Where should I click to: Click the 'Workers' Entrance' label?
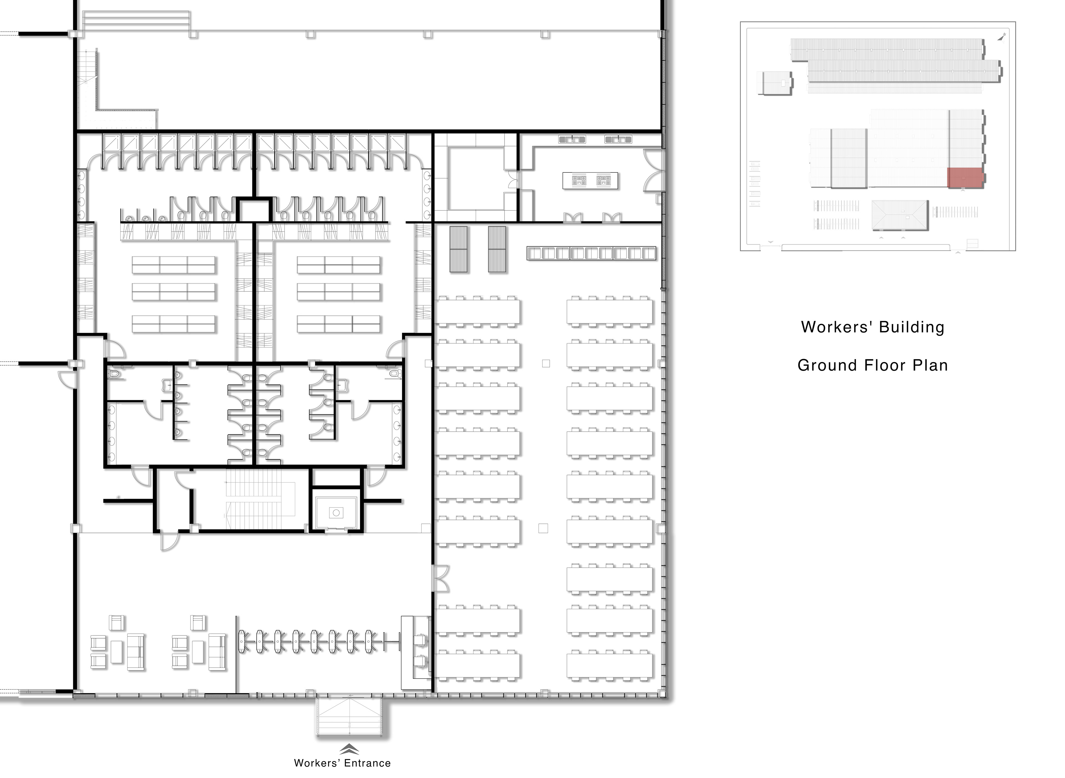[x=343, y=763]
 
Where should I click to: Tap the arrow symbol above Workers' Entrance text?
[x=349, y=749]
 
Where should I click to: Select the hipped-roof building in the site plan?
[x=900, y=215]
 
